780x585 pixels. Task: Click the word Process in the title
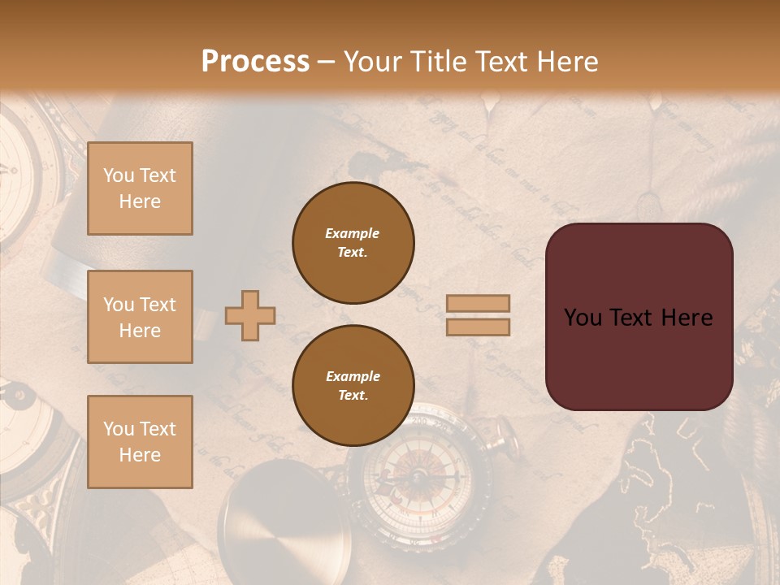coord(255,62)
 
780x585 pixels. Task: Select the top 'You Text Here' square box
coord(140,188)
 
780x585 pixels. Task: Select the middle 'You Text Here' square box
coord(140,317)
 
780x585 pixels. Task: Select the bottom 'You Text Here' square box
coord(140,442)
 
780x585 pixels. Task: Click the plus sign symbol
coord(250,316)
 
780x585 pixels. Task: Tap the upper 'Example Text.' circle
coord(353,243)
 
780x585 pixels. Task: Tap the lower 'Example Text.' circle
coord(353,386)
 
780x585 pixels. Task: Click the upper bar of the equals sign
coord(478,303)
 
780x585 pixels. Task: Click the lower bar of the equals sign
coord(478,327)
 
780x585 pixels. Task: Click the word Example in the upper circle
coord(353,233)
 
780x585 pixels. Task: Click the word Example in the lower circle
coord(353,376)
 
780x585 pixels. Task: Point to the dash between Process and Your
coord(327,63)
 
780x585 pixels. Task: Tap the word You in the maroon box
coord(583,318)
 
